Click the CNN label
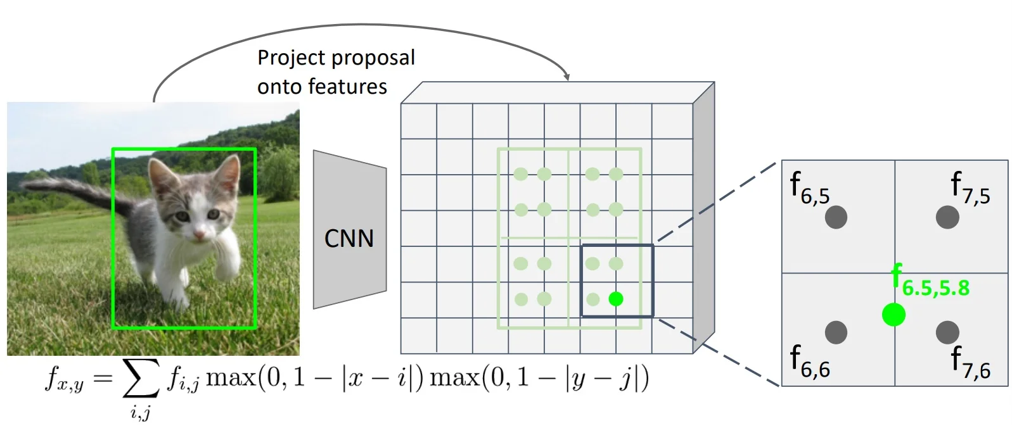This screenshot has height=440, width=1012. point(349,239)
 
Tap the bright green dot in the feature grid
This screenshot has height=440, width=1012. point(615,299)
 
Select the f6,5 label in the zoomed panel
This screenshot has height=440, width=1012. point(809,188)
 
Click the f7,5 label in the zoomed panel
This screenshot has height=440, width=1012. point(970,188)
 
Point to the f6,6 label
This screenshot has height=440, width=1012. point(809,361)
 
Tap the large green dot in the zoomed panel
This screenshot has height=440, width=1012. point(894,315)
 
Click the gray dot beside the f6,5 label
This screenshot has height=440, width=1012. point(836,217)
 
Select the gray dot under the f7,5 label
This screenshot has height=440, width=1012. point(947,217)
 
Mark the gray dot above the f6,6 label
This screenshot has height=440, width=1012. point(836,332)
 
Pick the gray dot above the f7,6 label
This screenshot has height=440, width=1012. point(947,332)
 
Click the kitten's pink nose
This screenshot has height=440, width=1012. point(200,236)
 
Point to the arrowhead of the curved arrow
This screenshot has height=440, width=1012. point(567,77)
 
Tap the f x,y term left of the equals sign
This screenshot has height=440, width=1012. point(64,379)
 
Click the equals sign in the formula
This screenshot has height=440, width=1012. point(103,379)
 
